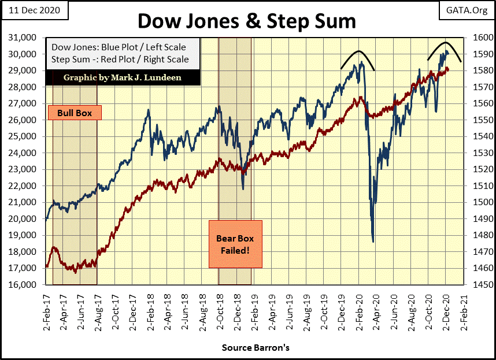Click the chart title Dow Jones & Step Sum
[246, 21]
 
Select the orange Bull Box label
[74, 112]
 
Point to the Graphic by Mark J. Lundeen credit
[123, 77]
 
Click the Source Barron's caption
[255, 348]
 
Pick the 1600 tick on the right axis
[481, 38]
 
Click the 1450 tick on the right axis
[481, 285]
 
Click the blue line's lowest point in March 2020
[373, 242]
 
